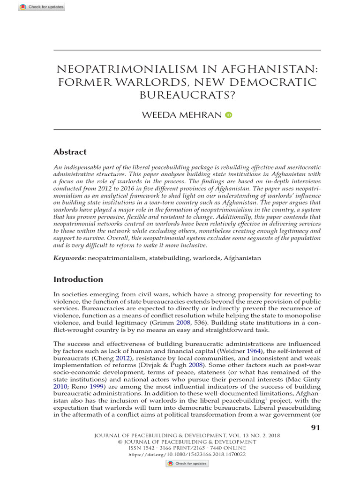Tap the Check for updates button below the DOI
187,464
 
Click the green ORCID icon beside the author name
228,115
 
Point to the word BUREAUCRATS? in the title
187,95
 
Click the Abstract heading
70,152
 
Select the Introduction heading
78,279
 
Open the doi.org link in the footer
187,454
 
